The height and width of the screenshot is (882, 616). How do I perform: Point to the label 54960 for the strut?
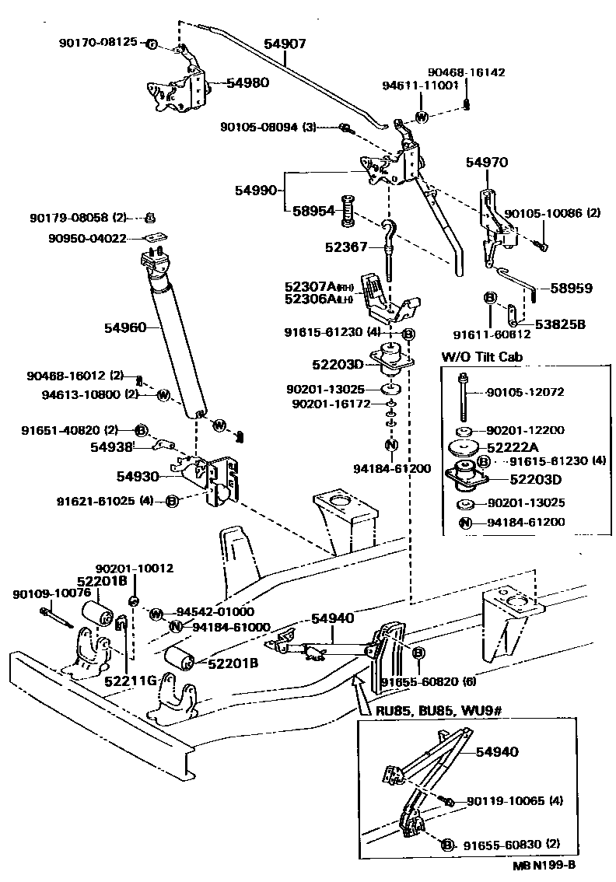click(124, 328)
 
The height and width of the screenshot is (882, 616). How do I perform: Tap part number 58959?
click(572, 288)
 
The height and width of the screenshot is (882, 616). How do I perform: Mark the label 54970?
click(487, 163)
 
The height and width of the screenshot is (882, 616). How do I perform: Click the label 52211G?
click(128, 681)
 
